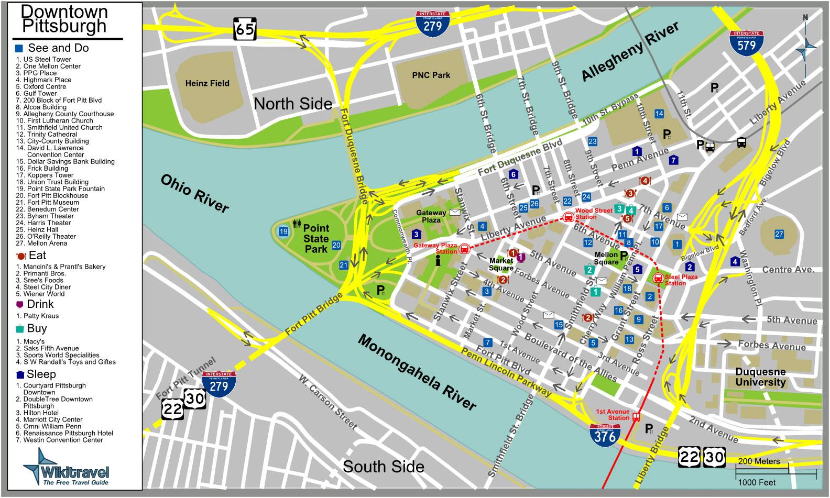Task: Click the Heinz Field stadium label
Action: click(x=207, y=83)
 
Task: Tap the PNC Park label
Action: click(x=431, y=75)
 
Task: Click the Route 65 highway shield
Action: click(x=244, y=29)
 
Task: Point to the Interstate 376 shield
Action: click(x=605, y=435)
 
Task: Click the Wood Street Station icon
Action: click(x=568, y=217)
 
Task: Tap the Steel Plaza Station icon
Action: click(x=658, y=278)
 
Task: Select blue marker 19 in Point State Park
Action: click(x=283, y=231)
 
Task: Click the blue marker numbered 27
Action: click(x=779, y=234)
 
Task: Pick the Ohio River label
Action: click(x=195, y=193)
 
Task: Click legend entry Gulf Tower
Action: click(x=40, y=93)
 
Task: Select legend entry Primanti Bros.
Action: click(x=45, y=273)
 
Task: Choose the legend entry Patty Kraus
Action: click(x=41, y=316)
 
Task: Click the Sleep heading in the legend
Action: click(x=40, y=374)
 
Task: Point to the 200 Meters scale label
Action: click(x=759, y=461)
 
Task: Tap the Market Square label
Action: click(x=501, y=264)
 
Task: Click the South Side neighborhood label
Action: click(x=383, y=466)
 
